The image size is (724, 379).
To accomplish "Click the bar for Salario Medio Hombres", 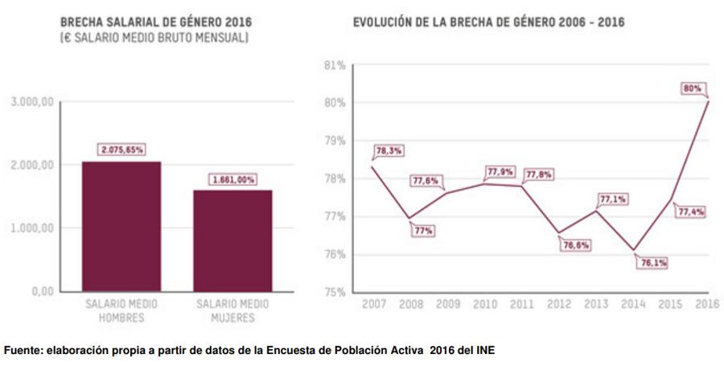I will (121, 226).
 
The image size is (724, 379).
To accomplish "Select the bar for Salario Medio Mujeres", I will (232, 241).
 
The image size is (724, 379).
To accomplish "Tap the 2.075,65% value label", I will (121, 149).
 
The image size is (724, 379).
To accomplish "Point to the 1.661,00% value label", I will (232, 179).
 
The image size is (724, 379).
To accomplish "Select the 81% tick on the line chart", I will (335, 65).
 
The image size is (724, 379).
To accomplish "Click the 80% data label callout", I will (693, 88).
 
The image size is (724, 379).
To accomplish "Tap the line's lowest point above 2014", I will (634, 250).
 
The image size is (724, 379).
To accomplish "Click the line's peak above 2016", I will (708, 101).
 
